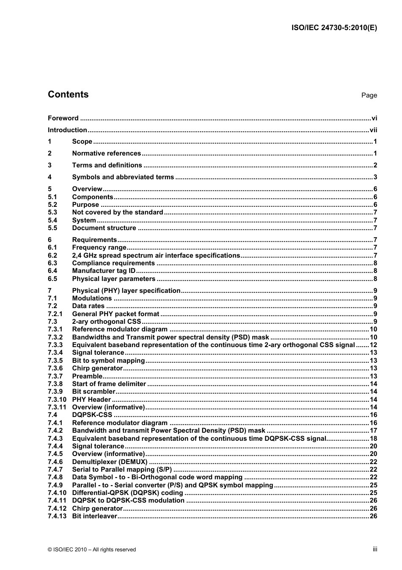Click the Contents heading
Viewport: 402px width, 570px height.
[68, 95]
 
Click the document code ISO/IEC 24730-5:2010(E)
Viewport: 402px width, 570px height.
[334, 28]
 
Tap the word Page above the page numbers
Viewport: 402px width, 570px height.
[369, 95]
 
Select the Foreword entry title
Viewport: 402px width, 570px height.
[63, 118]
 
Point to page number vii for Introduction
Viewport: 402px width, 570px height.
[373, 130]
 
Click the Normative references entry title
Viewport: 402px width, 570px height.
[106, 153]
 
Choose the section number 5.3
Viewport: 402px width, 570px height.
[52, 212]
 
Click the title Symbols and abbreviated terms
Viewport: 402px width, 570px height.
[123, 177]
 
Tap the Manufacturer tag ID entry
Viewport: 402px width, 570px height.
[104, 271]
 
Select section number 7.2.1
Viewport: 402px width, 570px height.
[55, 314]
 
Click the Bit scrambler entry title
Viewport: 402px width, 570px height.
[94, 392]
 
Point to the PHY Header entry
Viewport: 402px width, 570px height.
[91, 400]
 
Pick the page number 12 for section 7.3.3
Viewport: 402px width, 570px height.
[373, 345]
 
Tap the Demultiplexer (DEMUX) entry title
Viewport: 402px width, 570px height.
[110, 462]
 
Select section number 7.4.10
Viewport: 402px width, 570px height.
[57, 493]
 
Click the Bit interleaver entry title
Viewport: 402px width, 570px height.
[94, 516]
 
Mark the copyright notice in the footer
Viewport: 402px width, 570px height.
[92, 550]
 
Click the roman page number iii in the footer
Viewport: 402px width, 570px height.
[374, 549]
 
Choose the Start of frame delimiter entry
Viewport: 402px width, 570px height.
[109, 384]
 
